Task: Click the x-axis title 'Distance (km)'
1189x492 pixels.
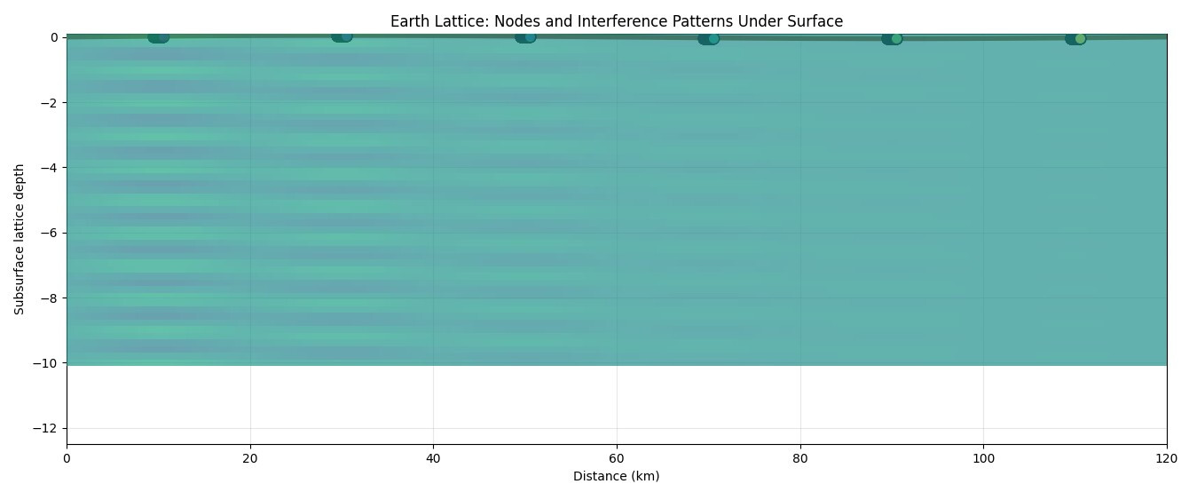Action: [616, 476]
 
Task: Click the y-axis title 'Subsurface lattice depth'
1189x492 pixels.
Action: [20, 239]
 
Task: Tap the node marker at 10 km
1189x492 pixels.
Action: [158, 36]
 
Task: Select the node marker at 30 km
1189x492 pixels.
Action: [342, 36]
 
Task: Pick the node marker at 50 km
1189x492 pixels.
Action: [525, 36]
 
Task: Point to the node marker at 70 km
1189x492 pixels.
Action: [708, 38]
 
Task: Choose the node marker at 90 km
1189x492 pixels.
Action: [892, 38]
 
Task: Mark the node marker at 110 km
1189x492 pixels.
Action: [1075, 38]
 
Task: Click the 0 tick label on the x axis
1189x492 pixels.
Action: [67, 458]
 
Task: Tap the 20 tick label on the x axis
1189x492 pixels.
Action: [250, 458]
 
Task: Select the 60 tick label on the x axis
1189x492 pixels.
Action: [617, 458]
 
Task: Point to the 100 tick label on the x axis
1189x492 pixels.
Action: [983, 458]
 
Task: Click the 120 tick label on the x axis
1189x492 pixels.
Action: [1166, 458]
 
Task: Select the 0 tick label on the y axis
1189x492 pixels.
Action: [53, 37]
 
